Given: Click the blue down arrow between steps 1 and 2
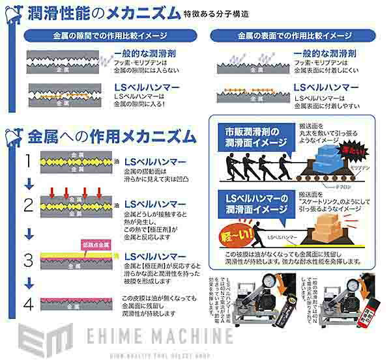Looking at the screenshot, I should (28, 184).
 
